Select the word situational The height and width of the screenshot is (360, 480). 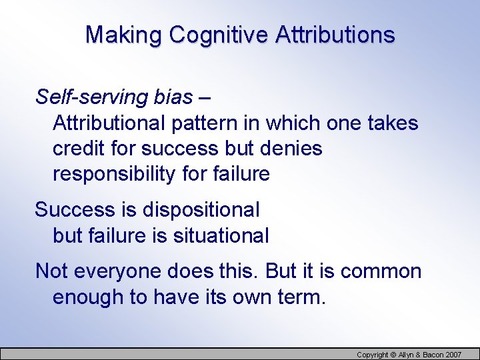click(x=222, y=235)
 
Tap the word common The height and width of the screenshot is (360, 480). click(x=381, y=271)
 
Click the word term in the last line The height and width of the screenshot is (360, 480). click(x=301, y=297)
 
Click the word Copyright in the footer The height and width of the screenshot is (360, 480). click(x=373, y=355)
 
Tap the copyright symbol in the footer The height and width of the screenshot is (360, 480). click(x=393, y=355)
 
